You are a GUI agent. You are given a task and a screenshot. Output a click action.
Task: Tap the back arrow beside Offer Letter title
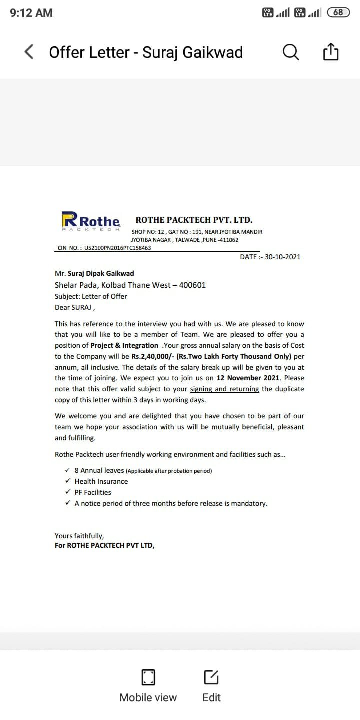pyautogui.click(x=29, y=52)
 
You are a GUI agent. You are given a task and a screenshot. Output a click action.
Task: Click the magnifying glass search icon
pyautogui.click(x=291, y=52)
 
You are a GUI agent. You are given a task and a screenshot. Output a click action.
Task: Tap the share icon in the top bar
pyautogui.click(x=331, y=52)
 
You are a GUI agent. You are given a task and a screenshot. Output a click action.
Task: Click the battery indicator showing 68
pyautogui.click(x=338, y=13)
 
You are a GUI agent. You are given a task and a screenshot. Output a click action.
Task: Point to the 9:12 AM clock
pyautogui.click(x=31, y=13)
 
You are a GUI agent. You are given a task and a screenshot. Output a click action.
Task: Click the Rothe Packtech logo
pyautogui.click(x=91, y=221)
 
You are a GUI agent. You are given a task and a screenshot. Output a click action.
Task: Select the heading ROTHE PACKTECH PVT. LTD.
pyautogui.click(x=194, y=220)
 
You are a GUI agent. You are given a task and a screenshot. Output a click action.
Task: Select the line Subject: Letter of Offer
pyautogui.click(x=91, y=296)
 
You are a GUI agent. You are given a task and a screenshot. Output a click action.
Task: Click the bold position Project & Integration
pyautogui.click(x=124, y=345)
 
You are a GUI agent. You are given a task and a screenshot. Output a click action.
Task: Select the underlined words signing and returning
pyautogui.click(x=224, y=389)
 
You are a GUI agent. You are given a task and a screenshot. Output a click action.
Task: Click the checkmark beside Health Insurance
pyautogui.click(x=67, y=481)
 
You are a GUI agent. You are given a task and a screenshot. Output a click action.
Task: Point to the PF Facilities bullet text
pyautogui.click(x=93, y=492)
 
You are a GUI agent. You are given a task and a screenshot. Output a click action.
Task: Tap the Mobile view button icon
pyautogui.click(x=148, y=677)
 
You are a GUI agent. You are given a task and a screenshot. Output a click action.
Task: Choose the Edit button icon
pyautogui.click(x=211, y=677)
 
